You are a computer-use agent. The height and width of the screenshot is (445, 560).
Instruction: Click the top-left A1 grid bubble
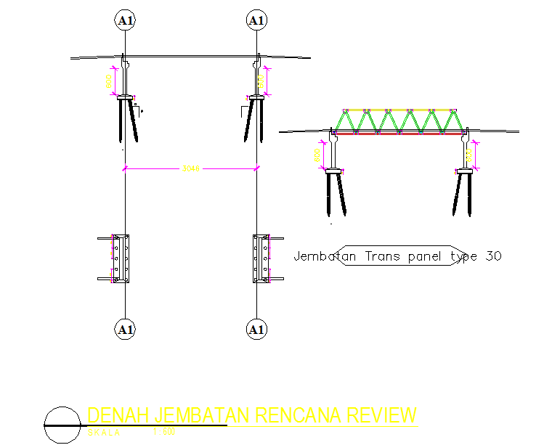coord(126,20)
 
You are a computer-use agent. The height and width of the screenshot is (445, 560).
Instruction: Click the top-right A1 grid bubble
coord(256,20)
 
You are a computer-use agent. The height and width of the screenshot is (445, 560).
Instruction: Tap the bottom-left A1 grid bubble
coord(126,330)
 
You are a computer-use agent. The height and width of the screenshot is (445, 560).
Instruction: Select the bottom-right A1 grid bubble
coord(256,330)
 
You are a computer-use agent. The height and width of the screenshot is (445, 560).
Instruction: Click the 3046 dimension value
coord(190,168)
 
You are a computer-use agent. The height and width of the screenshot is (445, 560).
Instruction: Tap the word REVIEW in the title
coord(382,416)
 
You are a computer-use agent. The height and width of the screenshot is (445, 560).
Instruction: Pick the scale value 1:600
coord(165,433)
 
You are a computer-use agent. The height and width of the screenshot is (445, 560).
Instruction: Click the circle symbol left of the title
coord(61,425)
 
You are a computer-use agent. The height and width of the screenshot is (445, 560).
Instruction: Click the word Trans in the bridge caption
coord(383,256)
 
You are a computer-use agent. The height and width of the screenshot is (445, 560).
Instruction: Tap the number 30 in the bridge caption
coord(493,256)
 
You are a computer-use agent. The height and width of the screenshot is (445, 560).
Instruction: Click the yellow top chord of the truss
coord(402,110)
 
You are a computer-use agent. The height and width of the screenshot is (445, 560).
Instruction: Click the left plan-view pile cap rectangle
coord(120,258)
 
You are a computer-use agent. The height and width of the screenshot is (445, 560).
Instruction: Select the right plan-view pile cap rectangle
coord(261,258)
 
